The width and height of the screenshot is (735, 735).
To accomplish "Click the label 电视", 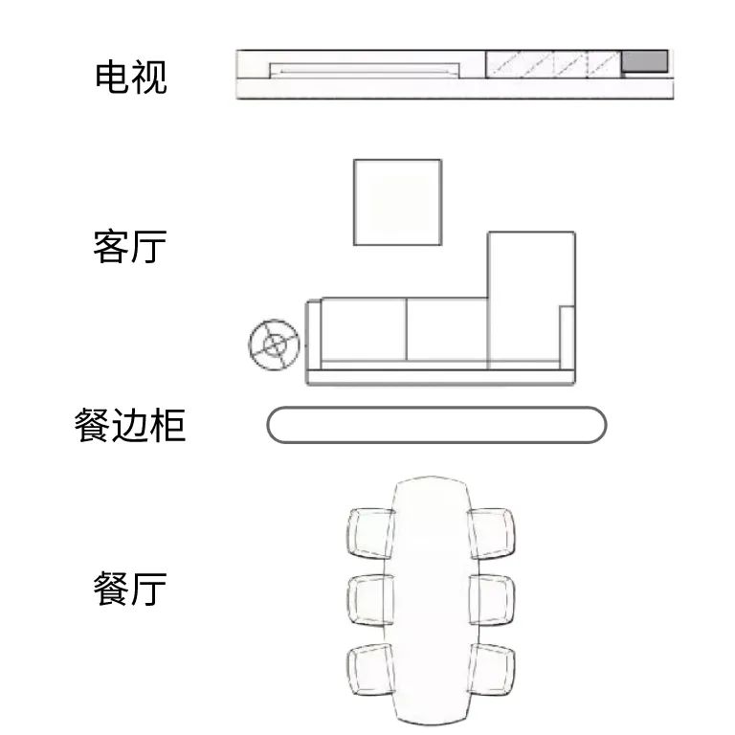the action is (131, 78).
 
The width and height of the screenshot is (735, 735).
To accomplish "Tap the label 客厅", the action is (130, 247).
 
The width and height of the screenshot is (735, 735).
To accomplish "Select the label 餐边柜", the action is (130, 425).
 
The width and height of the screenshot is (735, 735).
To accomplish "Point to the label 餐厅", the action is (130, 589).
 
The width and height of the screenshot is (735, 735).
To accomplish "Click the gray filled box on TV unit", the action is (644, 61).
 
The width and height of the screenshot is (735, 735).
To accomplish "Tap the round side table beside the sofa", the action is (275, 345).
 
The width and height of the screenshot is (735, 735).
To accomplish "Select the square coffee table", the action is (397, 203).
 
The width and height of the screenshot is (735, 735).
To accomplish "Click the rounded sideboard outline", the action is (436, 425).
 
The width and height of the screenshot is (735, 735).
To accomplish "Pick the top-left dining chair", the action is (370, 533).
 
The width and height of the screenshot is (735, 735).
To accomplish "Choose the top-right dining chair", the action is (491, 533).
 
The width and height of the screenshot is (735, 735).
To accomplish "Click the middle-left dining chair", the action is (370, 600).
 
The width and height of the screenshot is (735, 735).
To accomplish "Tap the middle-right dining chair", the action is (491, 600).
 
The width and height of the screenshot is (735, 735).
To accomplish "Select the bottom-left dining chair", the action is (370, 669).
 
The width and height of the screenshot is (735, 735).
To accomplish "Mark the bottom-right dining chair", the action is (491, 669).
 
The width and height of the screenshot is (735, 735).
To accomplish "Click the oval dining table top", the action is (432, 601).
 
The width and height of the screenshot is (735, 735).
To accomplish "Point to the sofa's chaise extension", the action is (531, 300).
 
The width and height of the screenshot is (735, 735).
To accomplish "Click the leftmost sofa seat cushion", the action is (364, 329).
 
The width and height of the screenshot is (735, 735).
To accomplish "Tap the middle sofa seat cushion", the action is (447, 329).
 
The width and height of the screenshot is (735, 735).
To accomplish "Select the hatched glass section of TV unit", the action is (553, 64).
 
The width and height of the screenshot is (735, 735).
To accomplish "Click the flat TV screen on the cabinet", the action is (365, 70).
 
